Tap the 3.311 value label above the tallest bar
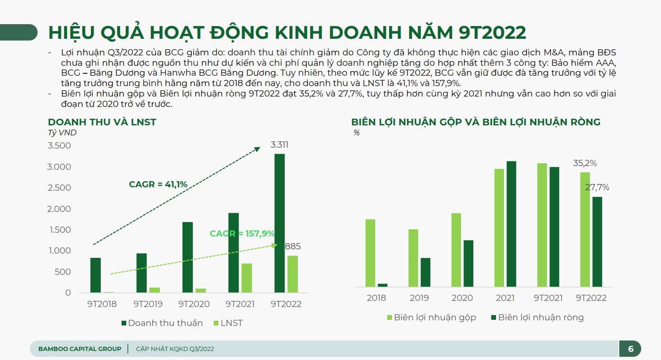[279, 145]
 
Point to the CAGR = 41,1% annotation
[158, 184]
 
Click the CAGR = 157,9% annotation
[242, 233]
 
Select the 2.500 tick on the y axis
[60, 188]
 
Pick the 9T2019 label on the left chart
[148, 304]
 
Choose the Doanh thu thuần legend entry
[162, 323]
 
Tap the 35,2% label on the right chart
[585, 163]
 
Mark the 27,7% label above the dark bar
[597, 187]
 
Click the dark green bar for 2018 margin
[383, 285]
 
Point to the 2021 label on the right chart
[505, 298]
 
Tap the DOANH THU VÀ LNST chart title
[102, 122]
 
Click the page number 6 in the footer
[631, 349]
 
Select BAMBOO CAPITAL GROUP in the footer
[79, 349]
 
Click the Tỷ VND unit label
[62, 133]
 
